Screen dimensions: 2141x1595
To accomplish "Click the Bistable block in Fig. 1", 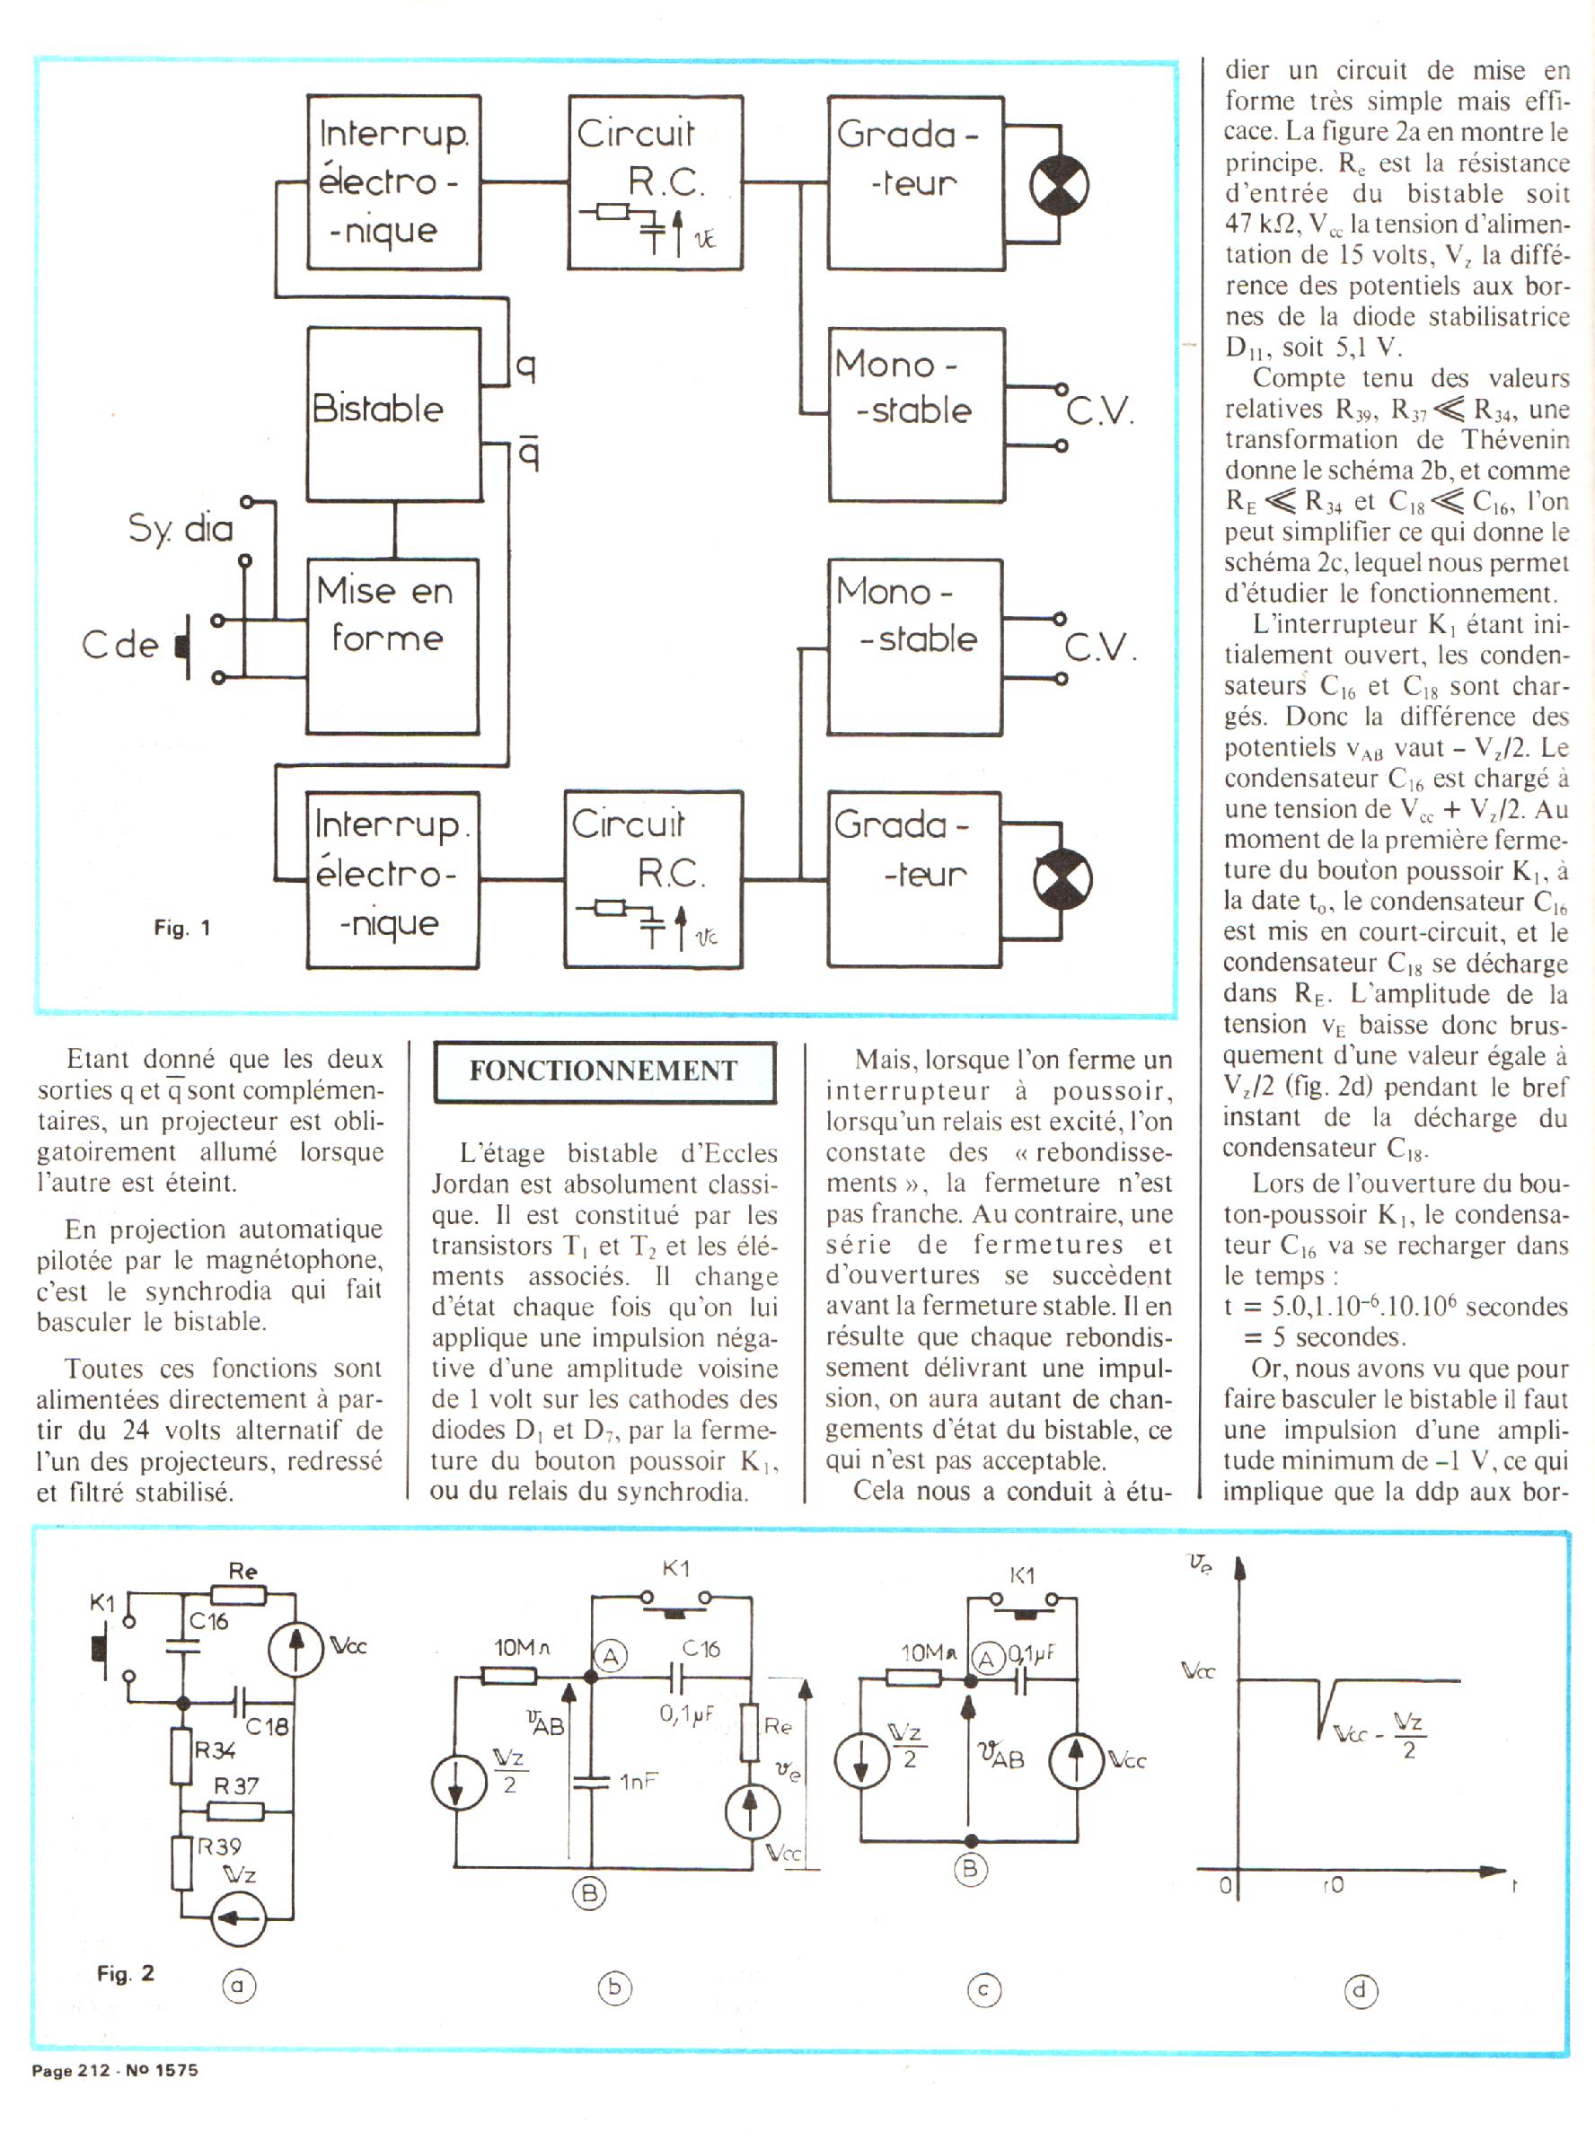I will point(393,412).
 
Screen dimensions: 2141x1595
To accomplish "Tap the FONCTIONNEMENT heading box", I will point(604,1070).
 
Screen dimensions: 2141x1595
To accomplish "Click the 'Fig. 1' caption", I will point(181,928).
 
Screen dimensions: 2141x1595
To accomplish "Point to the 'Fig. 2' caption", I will point(125,1973).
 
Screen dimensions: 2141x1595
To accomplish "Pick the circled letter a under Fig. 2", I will point(239,1985).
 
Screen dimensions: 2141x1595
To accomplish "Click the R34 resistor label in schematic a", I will point(215,1750).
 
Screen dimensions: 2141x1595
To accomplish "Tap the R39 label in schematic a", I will point(219,1846).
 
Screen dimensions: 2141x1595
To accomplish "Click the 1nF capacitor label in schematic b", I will point(639,1781).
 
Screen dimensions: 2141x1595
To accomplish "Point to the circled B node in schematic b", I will point(589,1893).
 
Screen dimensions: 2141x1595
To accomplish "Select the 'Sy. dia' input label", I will point(181,529).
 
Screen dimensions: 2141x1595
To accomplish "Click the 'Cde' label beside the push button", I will point(119,645).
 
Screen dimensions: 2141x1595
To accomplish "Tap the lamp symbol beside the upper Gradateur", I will point(1059,185).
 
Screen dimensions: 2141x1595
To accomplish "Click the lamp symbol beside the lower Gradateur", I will point(1062,879).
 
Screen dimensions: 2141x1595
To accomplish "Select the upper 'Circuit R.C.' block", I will point(656,181).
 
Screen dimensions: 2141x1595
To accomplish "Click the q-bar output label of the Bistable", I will point(528,452).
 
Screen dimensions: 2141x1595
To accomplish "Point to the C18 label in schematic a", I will point(267,1726).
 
